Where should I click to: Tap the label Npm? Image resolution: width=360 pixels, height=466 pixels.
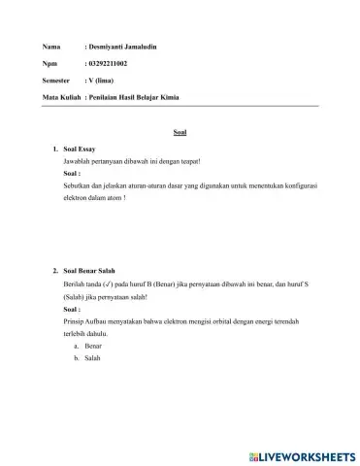[x=50, y=64]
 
